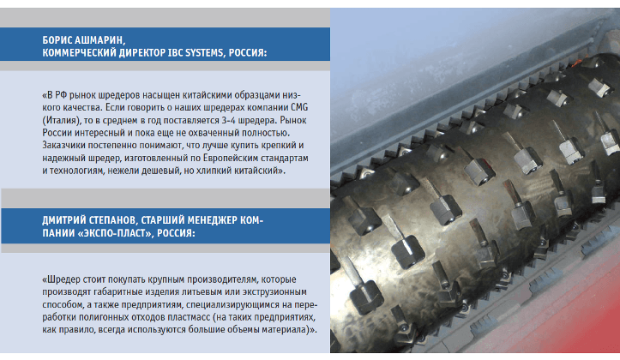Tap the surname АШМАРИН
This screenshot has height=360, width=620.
coord(99,40)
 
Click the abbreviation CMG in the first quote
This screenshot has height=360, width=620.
coord(299,107)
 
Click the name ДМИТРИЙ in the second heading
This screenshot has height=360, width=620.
coord(63,220)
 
